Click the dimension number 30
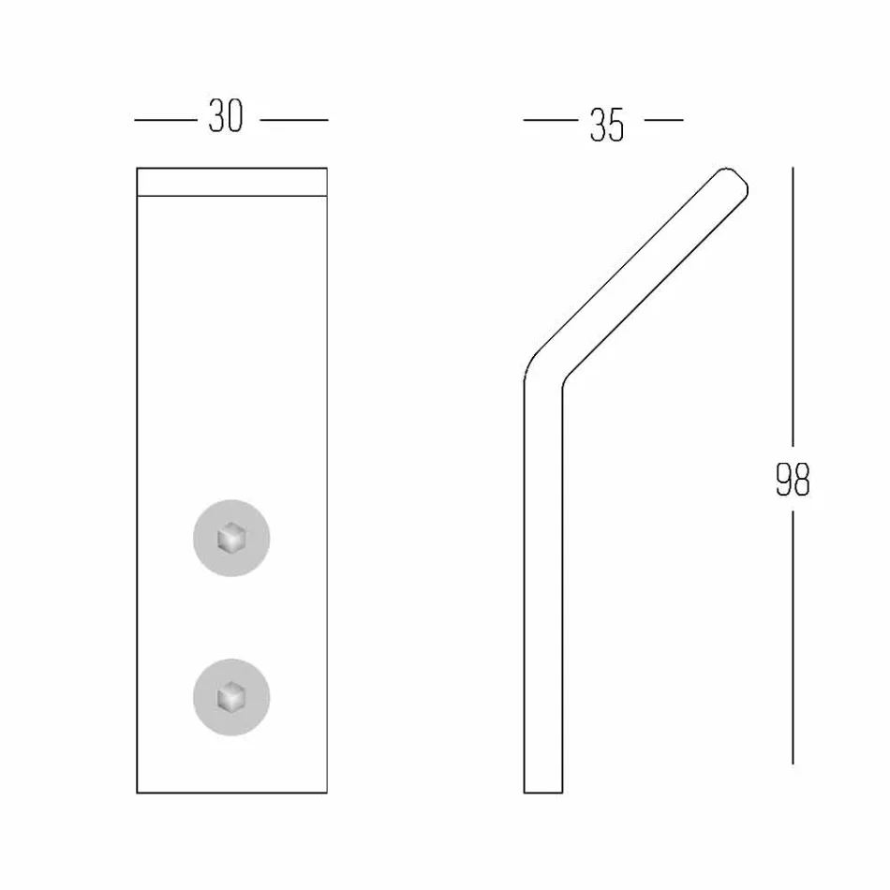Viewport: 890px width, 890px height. (226, 118)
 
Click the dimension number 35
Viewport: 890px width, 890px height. (607, 125)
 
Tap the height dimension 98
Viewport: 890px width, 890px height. (793, 480)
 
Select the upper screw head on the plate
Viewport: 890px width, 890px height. (231, 539)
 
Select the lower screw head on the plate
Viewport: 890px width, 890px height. (231, 698)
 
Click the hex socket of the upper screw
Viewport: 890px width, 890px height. (230, 539)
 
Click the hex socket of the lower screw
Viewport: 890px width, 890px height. (230, 698)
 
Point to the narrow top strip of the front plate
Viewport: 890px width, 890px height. (232, 183)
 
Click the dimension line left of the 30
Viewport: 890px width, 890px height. (166, 120)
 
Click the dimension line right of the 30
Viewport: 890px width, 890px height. (293, 120)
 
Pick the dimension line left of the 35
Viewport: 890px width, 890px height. (550, 120)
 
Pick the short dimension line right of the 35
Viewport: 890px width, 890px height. (664, 120)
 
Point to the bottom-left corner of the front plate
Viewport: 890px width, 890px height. (138, 793)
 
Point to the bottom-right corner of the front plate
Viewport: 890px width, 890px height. (327, 793)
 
